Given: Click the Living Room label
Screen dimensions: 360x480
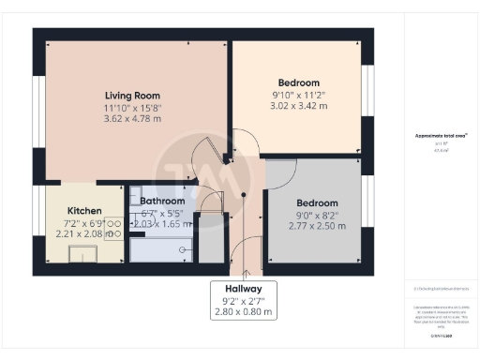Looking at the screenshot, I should (131, 95).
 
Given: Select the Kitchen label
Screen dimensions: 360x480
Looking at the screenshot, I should (84, 210).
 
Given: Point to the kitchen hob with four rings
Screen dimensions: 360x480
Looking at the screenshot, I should (112, 228).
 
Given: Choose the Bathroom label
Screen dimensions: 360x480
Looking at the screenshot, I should (162, 201).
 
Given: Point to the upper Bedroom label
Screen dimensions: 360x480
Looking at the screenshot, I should (298, 82).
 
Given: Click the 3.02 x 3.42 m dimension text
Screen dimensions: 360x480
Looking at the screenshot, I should (298, 106).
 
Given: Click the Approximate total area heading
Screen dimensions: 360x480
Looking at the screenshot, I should (441, 136).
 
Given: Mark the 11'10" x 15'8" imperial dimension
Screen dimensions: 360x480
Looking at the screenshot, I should (131, 107).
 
